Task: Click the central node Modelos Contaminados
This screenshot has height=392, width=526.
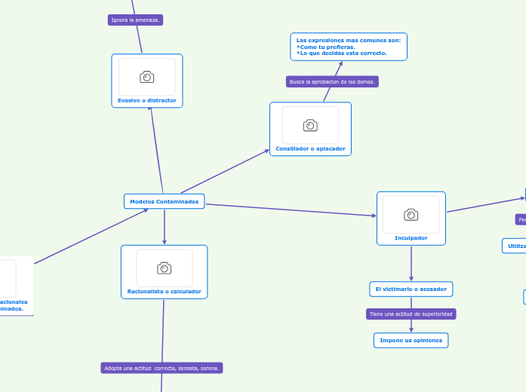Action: pyautogui.click(x=164, y=201)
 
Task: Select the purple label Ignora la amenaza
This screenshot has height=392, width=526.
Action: pyautogui.click(x=135, y=20)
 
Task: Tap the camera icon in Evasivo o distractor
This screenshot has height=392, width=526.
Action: pyautogui.click(x=147, y=77)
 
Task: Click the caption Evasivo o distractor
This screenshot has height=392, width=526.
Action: pyautogui.click(x=147, y=100)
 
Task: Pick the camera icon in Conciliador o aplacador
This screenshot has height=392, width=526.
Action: pyautogui.click(x=310, y=125)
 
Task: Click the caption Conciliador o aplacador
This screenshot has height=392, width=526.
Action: pyautogui.click(x=310, y=149)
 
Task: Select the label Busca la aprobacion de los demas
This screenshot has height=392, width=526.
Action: pyautogui.click(x=332, y=81)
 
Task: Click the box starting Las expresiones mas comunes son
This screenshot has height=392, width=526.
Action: pyautogui.click(x=349, y=46)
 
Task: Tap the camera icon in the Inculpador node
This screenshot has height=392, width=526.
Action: pyautogui.click(x=411, y=215)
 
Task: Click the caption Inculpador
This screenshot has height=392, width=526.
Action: pyautogui.click(x=411, y=237)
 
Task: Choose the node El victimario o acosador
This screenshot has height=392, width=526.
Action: pyautogui.click(x=411, y=289)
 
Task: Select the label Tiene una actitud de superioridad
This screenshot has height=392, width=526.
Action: pyautogui.click(x=411, y=314)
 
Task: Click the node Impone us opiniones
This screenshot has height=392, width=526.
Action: pyautogui.click(x=411, y=340)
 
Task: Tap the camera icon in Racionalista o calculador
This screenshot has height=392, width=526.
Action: pyautogui.click(x=164, y=268)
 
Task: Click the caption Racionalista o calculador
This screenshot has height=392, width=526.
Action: pyautogui.click(x=164, y=291)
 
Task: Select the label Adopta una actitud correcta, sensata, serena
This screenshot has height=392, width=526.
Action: pyautogui.click(x=161, y=368)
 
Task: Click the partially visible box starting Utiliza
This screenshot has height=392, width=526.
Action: pyautogui.click(x=515, y=246)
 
